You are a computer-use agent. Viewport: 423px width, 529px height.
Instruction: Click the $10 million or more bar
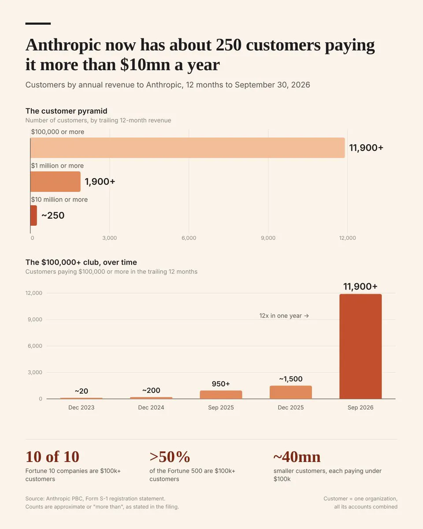tap(33, 215)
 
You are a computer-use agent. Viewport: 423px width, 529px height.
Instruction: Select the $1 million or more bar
tap(56, 182)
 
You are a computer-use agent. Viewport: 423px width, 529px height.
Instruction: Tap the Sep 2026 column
tap(360, 346)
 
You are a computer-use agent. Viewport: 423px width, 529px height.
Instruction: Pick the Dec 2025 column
tap(291, 392)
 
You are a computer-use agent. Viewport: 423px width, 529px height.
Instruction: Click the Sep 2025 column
tap(221, 395)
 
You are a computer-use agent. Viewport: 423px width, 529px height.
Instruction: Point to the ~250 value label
tap(53, 215)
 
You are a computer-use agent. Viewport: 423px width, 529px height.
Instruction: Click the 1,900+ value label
tap(100, 182)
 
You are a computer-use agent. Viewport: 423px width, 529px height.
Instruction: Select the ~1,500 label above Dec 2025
tap(291, 379)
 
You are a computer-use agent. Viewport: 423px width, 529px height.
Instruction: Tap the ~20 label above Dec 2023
tap(82, 391)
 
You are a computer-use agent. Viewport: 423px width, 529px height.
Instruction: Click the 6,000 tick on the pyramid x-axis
tap(189, 238)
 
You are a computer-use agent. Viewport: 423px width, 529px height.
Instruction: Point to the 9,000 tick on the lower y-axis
tap(35, 319)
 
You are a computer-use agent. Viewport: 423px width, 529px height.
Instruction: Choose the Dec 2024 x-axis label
tap(151, 408)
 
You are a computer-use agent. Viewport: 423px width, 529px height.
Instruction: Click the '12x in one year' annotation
tap(284, 316)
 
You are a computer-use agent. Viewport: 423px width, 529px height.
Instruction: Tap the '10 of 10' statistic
tap(52, 457)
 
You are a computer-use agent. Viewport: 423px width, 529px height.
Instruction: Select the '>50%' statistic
tap(170, 457)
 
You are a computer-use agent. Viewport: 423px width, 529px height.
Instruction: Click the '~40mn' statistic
tap(297, 457)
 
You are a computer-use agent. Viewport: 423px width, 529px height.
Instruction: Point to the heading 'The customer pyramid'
tap(67, 111)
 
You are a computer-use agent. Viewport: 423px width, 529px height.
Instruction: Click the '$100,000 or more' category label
tap(58, 132)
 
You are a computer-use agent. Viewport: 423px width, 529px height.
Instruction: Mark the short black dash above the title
tap(38, 24)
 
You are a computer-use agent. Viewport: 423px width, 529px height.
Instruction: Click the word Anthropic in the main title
tap(63, 45)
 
